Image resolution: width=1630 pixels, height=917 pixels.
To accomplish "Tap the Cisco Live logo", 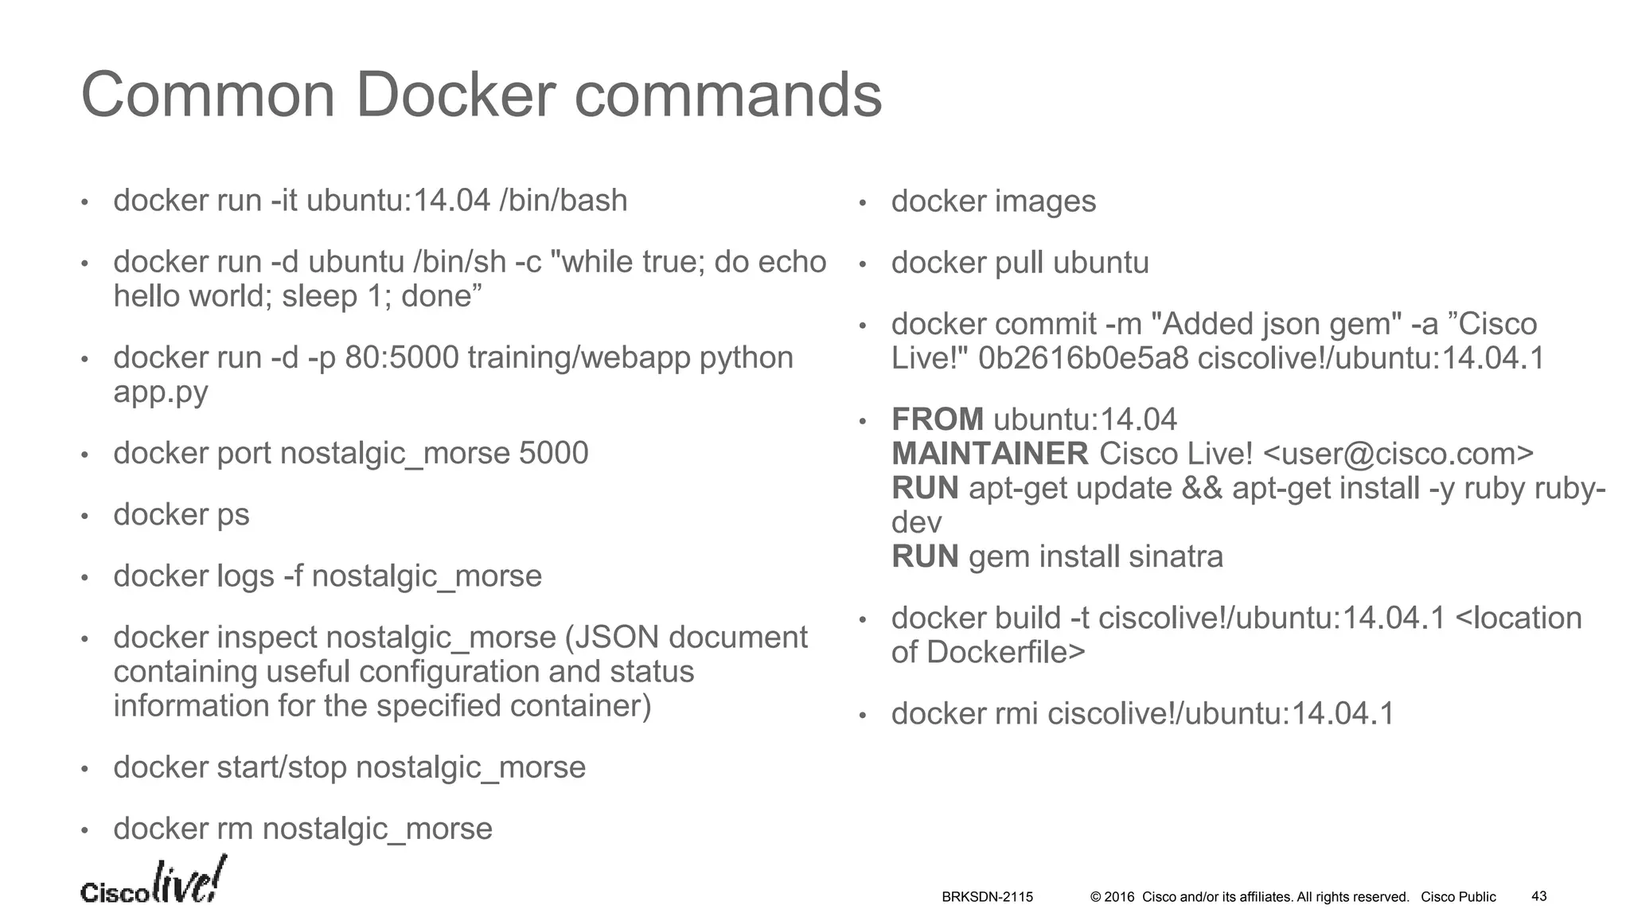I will (153, 882).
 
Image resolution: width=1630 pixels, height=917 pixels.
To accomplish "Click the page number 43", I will (1538, 896).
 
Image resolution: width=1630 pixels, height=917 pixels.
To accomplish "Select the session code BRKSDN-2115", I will (987, 897).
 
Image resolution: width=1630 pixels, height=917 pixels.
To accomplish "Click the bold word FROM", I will (937, 419).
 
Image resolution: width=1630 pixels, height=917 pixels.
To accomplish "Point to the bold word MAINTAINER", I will (989, 454).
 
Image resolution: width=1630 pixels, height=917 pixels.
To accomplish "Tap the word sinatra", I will (1175, 556).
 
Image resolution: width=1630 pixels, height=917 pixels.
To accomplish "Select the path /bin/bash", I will (563, 201).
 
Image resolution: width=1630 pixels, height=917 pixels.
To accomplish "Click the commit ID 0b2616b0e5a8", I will (1082, 358).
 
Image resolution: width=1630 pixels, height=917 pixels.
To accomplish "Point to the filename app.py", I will (160, 392).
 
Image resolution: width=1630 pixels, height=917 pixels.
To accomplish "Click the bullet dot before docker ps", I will (84, 517).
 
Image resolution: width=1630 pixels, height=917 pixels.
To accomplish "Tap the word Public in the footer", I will (1476, 897).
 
